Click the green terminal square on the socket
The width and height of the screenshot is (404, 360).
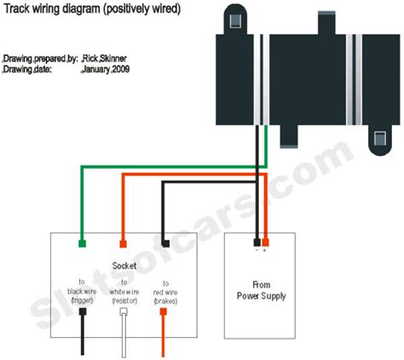(82, 243)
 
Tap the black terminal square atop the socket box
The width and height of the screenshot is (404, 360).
(165, 243)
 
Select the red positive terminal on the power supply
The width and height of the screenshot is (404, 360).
(265, 242)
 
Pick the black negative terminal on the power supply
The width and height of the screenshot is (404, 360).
(257, 242)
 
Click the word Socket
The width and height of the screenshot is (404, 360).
(124, 266)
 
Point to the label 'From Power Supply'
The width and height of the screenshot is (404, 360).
(262, 290)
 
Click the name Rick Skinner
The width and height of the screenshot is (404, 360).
(104, 59)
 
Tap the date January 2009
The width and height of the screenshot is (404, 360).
(106, 69)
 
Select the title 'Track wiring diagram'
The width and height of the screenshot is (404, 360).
(52, 9)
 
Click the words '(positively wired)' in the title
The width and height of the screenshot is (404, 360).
(142, 9)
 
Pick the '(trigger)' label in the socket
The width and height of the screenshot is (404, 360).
(82, 300)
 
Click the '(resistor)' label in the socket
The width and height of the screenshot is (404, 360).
(124, 301)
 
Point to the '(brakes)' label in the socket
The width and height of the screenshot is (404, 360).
(165, 301)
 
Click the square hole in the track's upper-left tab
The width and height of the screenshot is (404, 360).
(235, 20)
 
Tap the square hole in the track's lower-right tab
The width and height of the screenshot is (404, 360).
(380, 138)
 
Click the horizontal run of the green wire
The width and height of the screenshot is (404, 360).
(174, 167)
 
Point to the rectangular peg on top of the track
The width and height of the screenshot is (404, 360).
(326, 23)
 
